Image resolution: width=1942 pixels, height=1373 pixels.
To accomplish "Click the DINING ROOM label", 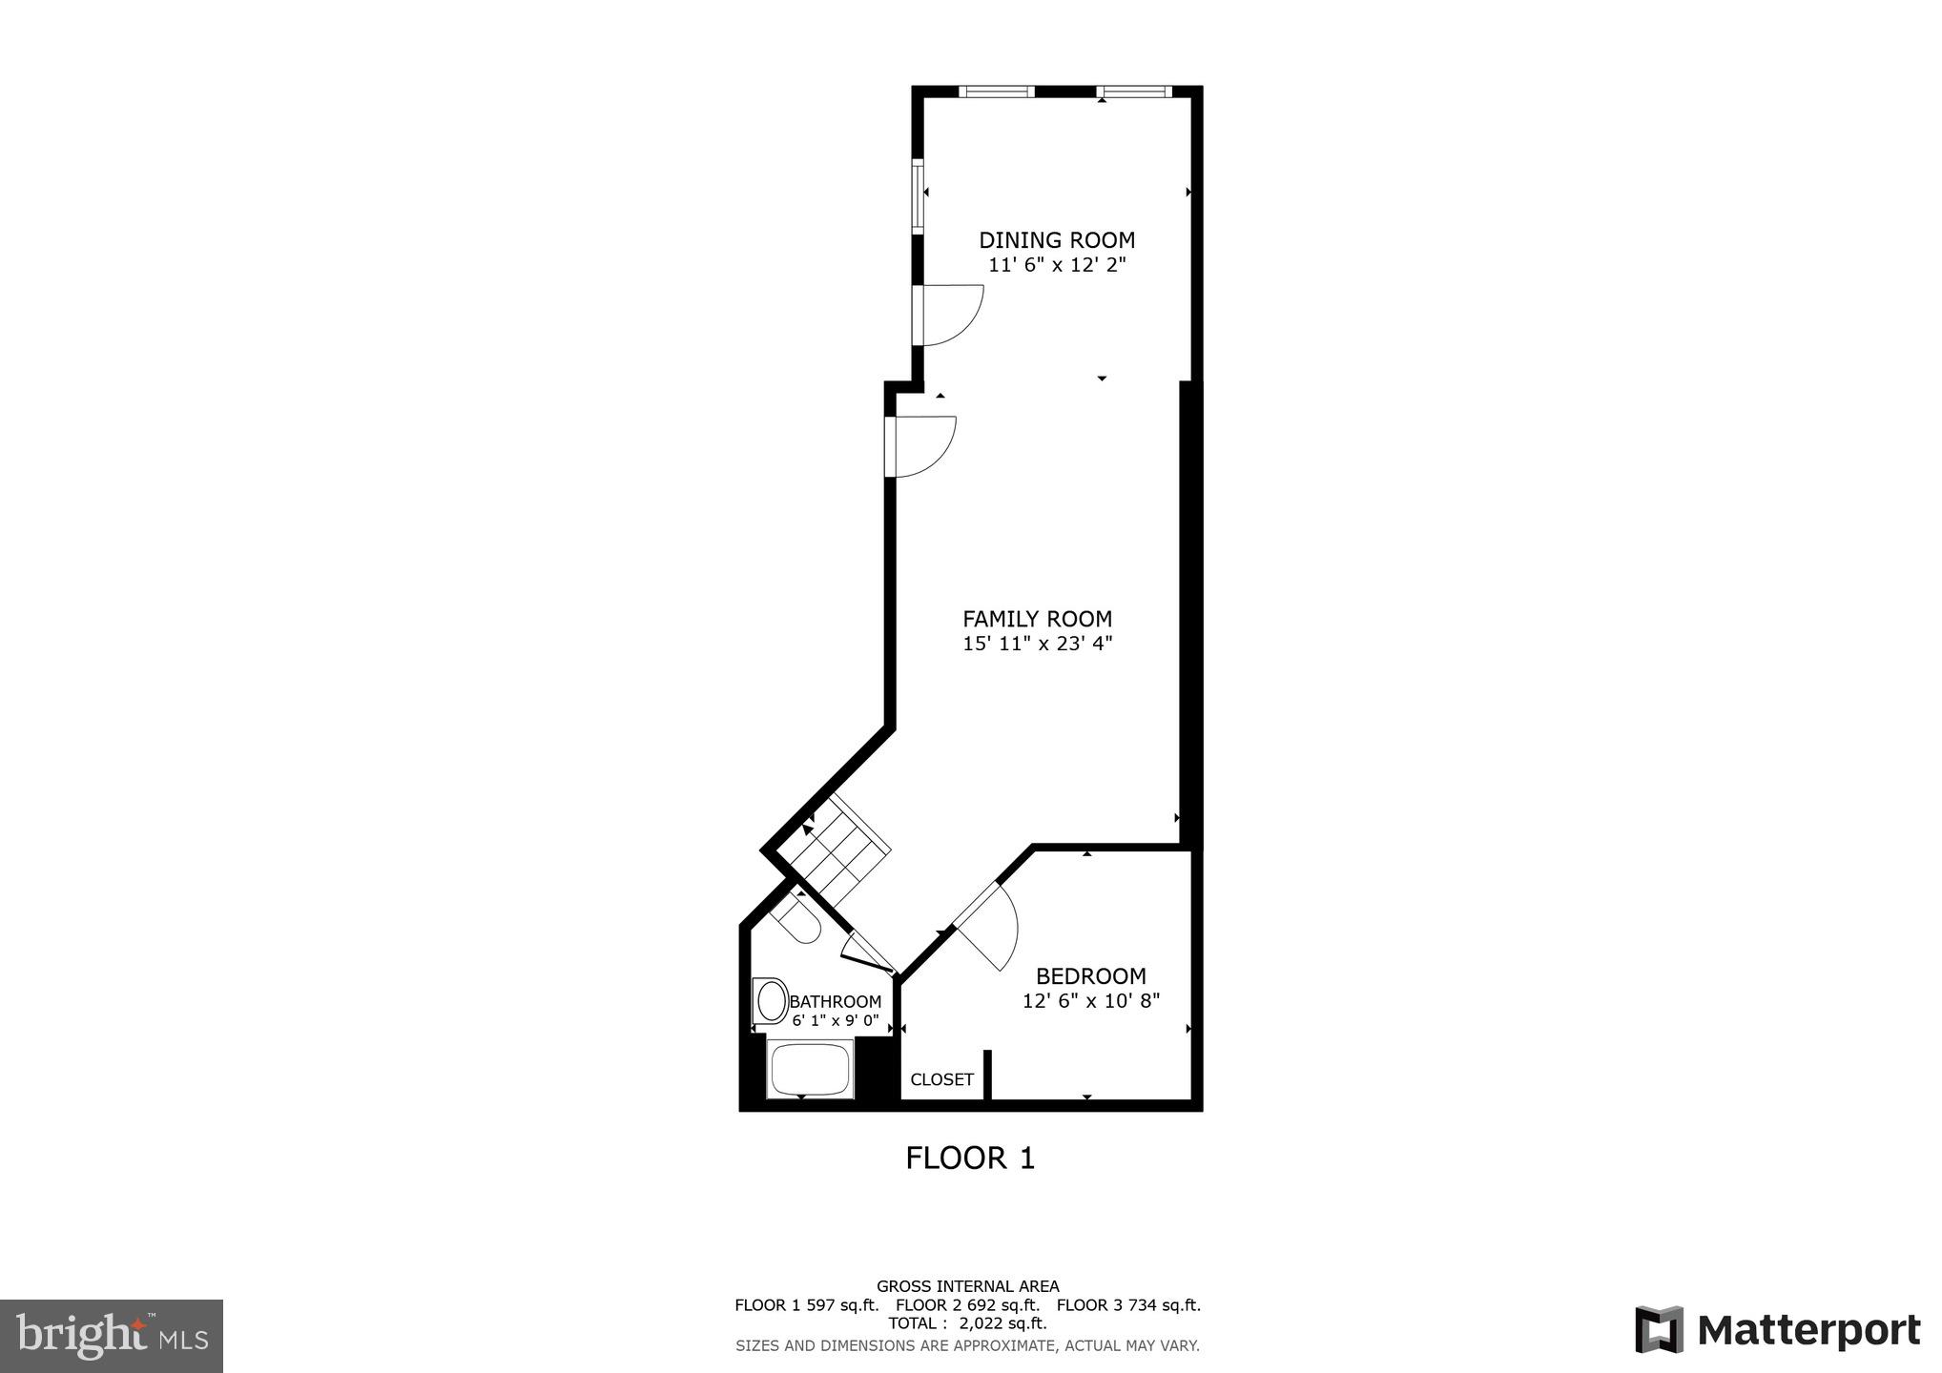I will [1057, 240].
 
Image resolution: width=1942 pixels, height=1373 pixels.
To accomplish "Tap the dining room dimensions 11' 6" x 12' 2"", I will [1057, 265].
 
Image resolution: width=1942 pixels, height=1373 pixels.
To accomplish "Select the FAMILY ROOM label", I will [1037, 619].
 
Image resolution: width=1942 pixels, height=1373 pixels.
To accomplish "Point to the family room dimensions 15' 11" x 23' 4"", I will [1037, 644].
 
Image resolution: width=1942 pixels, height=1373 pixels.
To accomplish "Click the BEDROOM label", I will [1090, 976].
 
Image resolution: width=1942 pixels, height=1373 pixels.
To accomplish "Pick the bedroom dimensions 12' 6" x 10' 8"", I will [1090, 1001].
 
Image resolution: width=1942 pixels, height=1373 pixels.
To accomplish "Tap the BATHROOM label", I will [835, 1002].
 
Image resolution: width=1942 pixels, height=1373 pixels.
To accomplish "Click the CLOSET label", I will [941, 1079].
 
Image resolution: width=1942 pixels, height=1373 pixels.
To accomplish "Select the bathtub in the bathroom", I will [809, 1070].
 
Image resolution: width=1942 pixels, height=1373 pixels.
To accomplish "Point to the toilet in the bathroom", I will [797, 918].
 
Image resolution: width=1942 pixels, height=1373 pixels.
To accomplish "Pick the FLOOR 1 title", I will [970, 1158].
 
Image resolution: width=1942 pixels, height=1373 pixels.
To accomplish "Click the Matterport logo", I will [1778, 1330].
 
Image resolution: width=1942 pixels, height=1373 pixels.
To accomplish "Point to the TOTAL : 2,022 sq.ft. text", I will [967, 1323].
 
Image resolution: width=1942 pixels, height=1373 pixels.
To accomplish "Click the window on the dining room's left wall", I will [919, 195].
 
